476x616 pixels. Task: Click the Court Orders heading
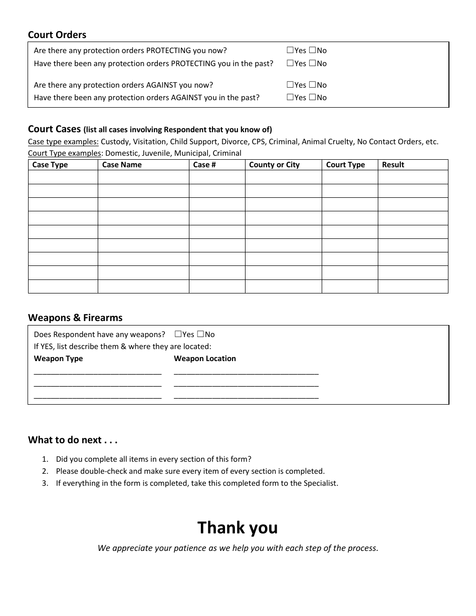click(x=57, y=35)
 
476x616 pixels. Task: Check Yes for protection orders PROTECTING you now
click(x=290, y=50)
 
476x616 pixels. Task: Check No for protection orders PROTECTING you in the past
click(x=312, y=63)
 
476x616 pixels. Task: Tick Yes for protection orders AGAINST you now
click(x=290, y=85)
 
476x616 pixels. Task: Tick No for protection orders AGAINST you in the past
click(x=312, y=98)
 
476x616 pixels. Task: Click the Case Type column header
click(x=50, y=165)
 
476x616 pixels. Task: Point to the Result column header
click(x=393, y=165)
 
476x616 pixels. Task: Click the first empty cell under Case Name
click(x=143, y=177)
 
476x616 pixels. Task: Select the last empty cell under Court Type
click(x=349, y=286)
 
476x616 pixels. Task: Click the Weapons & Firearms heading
click(x=75, y=318)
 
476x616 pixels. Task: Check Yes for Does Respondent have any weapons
click(x=178, y=334)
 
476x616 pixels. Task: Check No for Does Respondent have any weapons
click(x=200, y=334)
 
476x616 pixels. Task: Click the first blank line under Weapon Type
click(x=97, y=372)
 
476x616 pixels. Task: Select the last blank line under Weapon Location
click(x=246, y=396)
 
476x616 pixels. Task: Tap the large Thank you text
click(x=237, y=527)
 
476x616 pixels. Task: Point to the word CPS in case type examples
click(x=258, y=142)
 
